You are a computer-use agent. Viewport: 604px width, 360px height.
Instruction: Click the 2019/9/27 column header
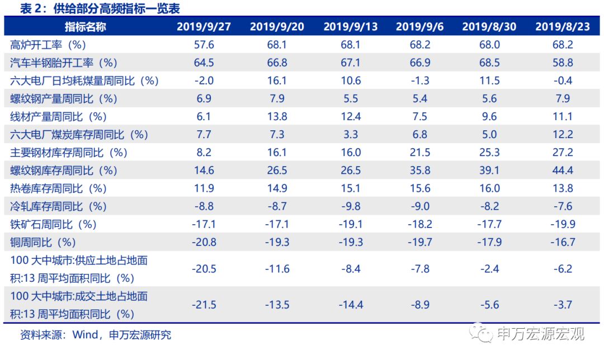204,26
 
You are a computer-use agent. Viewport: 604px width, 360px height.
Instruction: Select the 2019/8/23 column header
562,26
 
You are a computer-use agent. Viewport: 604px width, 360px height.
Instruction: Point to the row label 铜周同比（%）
43,242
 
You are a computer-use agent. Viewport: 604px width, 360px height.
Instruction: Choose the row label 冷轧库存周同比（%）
58,206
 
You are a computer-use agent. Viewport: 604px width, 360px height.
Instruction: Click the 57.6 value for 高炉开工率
204,45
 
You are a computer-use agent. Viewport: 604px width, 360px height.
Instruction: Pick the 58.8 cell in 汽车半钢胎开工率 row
562,63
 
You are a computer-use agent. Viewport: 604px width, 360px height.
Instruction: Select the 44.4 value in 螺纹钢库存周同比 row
562,170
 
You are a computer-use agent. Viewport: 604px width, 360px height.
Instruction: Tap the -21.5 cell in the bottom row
204,305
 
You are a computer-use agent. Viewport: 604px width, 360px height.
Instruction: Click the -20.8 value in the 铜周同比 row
204,242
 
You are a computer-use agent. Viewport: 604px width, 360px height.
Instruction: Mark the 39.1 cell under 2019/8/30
489,170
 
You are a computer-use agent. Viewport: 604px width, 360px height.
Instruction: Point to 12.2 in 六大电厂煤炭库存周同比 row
562,134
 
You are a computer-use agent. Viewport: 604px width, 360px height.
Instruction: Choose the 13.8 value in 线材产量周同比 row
277,116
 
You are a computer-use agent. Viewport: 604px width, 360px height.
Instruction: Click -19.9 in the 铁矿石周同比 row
562,224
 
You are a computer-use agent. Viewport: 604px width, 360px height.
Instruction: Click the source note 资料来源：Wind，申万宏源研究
95,335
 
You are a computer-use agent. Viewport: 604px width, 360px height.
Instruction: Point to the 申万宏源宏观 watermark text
540,334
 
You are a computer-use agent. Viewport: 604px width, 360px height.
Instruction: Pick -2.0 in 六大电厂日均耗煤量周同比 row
204,80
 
